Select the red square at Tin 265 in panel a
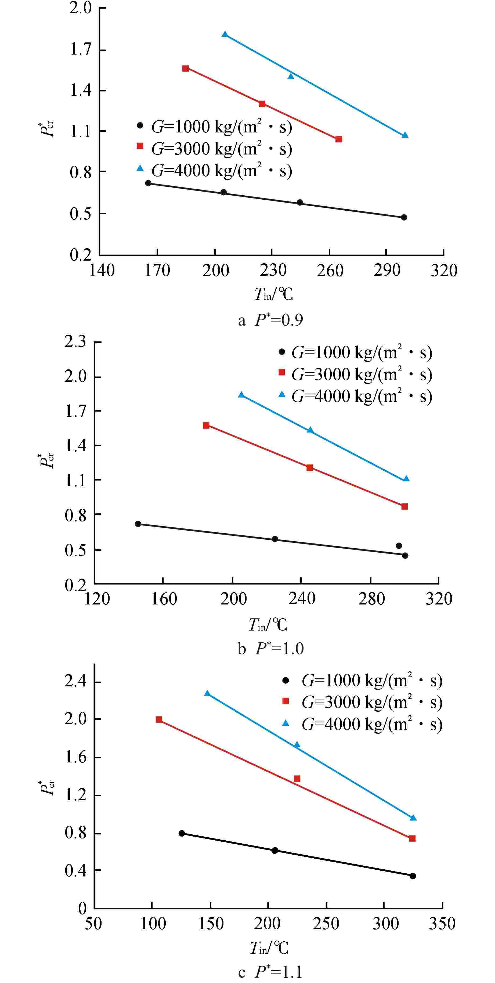338,139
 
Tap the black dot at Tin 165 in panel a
148,183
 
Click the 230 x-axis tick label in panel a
273,271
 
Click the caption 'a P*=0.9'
270,320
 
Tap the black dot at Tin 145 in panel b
138,524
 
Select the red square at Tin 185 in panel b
206,426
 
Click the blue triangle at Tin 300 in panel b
406,479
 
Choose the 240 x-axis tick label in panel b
302,598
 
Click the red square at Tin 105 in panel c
159,720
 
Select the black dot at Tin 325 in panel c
413,876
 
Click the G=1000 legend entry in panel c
362,681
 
